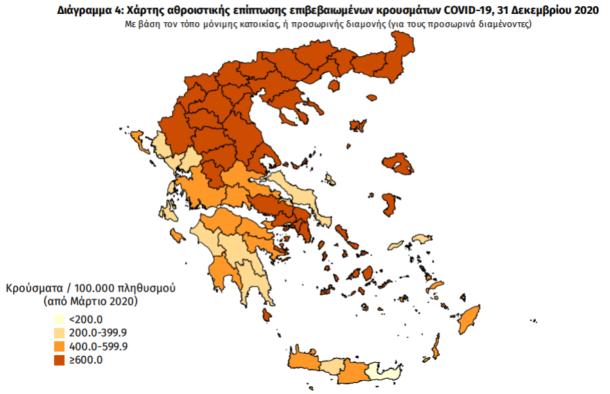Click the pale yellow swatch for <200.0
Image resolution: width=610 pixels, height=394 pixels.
(61, 320)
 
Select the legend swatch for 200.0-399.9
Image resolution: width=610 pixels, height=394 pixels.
(61, 333)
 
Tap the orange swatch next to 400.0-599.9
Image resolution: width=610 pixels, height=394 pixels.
(61, 346)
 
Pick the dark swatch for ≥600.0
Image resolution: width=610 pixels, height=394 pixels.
(61, 359)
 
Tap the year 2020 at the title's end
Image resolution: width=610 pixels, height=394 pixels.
(586, 10)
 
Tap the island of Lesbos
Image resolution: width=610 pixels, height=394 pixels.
(398, 165)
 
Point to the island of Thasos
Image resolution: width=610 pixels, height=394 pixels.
(333, 85)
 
